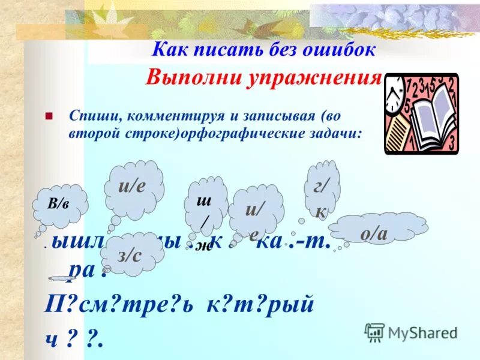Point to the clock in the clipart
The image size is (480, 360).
pos(394,94)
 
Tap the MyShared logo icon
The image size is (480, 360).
pos(374,331)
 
